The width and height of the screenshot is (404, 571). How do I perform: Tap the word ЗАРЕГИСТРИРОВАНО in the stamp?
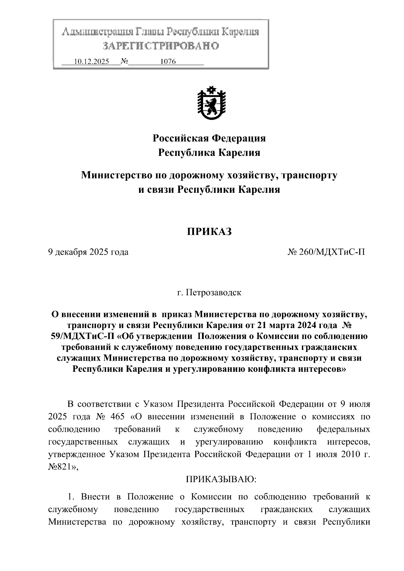(x=161, y=46)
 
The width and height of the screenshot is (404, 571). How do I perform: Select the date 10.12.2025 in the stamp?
(x=91, y=62)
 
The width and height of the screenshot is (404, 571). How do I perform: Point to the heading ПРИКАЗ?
(x=209, y=231)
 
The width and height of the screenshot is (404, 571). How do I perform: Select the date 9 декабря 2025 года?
(x=88, y=252)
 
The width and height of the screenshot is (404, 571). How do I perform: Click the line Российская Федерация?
(x=209, y=138)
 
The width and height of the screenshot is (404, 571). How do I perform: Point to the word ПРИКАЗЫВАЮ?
(x=221, y=479)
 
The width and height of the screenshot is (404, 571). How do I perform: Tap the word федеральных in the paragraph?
(x=343, y=429)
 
